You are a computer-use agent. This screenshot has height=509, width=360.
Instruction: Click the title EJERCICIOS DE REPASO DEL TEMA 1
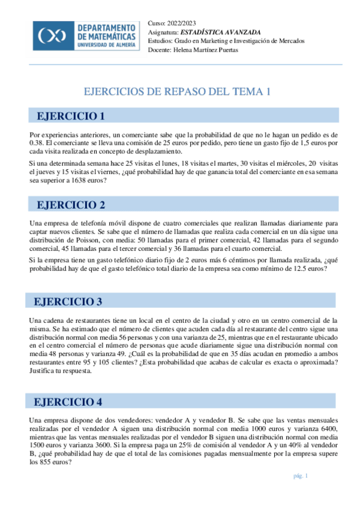coord(177,92)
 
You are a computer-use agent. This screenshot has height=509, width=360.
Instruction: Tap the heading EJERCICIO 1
coord(71,116)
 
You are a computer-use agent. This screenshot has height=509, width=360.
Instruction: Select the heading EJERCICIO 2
coord(71,205)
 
